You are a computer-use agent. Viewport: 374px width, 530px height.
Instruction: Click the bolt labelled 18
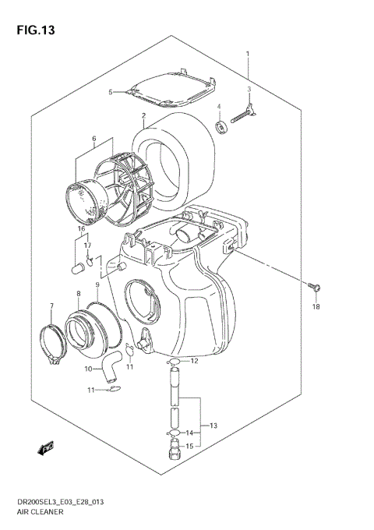coord(314,285)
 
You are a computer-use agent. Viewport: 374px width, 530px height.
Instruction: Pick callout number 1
coord(248,54)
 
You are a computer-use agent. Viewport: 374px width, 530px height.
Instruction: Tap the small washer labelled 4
coord(220,125)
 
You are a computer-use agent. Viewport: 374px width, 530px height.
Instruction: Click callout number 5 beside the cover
coord(111,92)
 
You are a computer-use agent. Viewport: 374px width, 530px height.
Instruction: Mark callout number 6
coord(93,140)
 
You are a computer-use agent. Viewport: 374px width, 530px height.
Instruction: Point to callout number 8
coord(78,293)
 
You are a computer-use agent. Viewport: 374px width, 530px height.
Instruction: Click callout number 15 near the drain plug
coord(189,446)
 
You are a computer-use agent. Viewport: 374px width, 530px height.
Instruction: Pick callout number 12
coord(195,361)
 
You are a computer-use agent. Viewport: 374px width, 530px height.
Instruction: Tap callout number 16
coord(80,228)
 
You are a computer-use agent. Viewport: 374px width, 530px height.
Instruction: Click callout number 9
coord(97,284)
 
